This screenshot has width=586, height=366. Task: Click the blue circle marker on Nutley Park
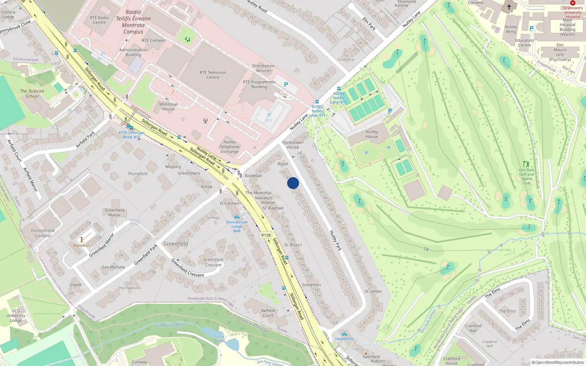coord(293,183)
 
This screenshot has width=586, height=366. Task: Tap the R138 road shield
coord(266,235)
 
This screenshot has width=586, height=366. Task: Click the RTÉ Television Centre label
coord(213,75)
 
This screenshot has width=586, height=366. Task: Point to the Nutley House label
coord(372,134)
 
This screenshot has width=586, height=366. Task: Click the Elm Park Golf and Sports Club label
coord(527,176)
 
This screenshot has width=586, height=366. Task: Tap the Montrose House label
coord(168,107)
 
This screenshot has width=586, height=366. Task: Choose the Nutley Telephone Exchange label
coord(230,147)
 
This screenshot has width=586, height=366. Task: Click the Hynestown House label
coord(293,145)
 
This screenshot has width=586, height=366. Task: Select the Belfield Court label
coord(268,313)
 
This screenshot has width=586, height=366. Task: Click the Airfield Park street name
coord(85,139)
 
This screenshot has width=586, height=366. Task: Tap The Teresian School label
coord(32,94)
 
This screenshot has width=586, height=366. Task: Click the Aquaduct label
coord(81,245)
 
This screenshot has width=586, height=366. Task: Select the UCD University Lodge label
coord(16,315)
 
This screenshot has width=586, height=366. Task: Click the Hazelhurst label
coord(344,339)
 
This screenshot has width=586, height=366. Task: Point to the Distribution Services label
coord(263,68)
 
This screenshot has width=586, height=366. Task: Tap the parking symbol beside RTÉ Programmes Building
coord(286,85)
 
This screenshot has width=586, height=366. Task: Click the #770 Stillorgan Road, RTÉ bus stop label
coord(131,135)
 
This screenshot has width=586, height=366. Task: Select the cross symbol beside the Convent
coord(509,7)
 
